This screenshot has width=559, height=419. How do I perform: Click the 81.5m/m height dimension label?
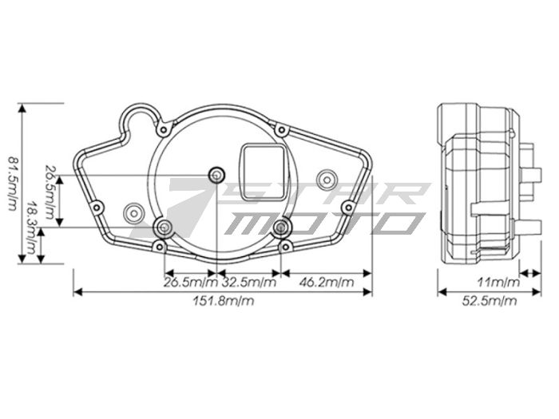pos(12,184)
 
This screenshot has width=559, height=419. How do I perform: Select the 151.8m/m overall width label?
pos(224,301)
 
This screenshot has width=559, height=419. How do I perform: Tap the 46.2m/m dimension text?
pos(327,283)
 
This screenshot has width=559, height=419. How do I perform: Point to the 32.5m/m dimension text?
pos(249,283)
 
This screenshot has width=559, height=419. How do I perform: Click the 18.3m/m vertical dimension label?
pos(33,228)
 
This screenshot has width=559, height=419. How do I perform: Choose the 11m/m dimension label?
pos(498,283)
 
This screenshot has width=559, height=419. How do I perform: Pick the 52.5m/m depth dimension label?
pos(489,301)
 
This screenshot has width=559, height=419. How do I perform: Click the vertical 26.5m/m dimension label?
pos(50,192)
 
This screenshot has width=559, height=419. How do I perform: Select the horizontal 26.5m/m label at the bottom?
pos(190,283)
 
